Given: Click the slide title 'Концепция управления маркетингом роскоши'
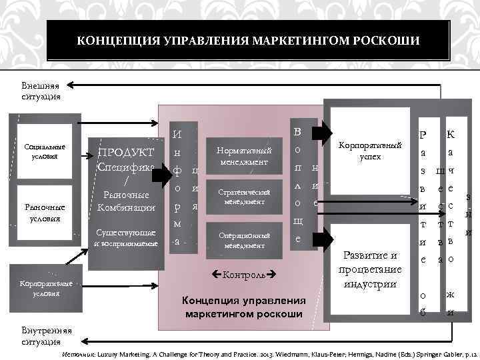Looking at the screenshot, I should point(248,41).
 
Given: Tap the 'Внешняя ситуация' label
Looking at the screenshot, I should point(41,91).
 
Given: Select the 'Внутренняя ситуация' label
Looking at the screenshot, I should point(41,337).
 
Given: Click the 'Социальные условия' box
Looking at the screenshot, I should point(45,151).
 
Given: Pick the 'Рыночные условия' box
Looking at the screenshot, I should point(45,213).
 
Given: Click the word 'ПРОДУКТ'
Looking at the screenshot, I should point(126,153).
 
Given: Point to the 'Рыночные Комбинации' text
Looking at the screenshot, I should point(126,201).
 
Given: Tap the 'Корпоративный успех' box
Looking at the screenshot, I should point(369,150).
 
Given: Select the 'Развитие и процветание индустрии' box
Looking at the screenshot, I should point(369,270).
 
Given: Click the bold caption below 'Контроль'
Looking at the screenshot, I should point(244,306).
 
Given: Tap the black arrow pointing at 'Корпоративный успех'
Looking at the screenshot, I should point(329,129).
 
